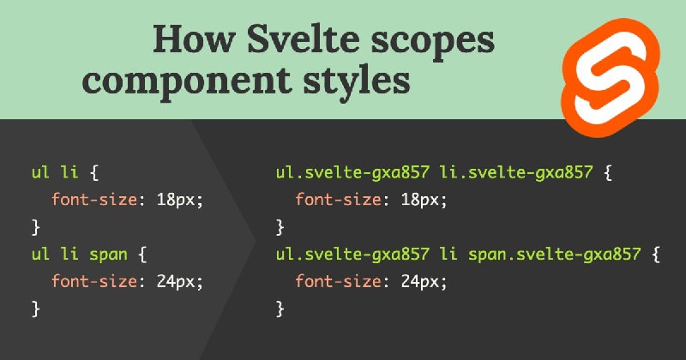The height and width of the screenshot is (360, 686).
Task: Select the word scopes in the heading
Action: tap(433, 43)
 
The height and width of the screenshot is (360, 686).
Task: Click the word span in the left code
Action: tap(109, 255)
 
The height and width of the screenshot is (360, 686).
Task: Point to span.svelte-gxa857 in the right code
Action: tap(554, 255)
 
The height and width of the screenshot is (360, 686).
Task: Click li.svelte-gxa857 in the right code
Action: tap(516, 173)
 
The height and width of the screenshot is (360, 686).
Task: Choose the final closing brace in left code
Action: tap(36, 309)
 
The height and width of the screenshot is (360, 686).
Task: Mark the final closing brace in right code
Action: tap(280, 309)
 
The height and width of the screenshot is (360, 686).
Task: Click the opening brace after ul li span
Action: tap(142, 255)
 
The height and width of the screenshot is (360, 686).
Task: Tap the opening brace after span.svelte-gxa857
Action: tap(655, 255)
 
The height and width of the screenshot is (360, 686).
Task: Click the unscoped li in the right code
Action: tap(448, 255)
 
